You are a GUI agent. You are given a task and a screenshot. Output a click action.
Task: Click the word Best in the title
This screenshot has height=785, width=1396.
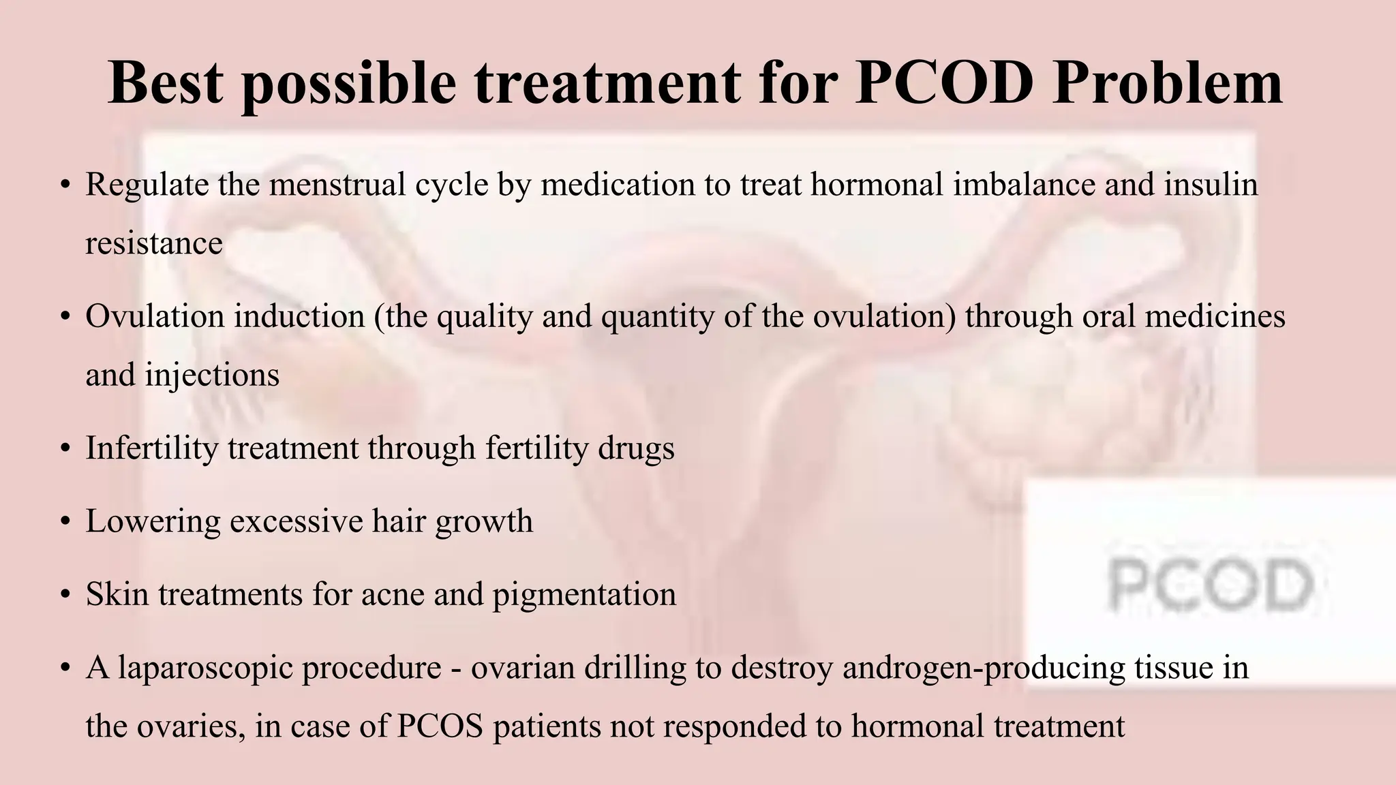[166, 83]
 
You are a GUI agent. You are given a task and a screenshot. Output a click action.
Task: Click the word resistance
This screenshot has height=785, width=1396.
[154, 243]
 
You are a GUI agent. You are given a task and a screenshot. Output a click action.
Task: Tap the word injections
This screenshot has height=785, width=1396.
[212, 375]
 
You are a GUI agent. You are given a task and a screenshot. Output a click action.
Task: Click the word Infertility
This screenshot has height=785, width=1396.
[151, 448]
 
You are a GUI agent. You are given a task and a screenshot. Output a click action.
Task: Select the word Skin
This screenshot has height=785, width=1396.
[117, 594]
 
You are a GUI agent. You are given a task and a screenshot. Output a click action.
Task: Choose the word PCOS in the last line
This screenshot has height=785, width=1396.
[440, 726]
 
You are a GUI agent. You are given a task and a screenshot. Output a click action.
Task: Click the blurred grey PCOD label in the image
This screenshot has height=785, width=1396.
[1209, 584]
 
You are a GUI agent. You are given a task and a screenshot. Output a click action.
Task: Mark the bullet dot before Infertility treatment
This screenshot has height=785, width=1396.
[65, 449]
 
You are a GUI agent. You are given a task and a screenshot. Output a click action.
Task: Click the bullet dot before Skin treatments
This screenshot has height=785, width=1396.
[65, 595]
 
